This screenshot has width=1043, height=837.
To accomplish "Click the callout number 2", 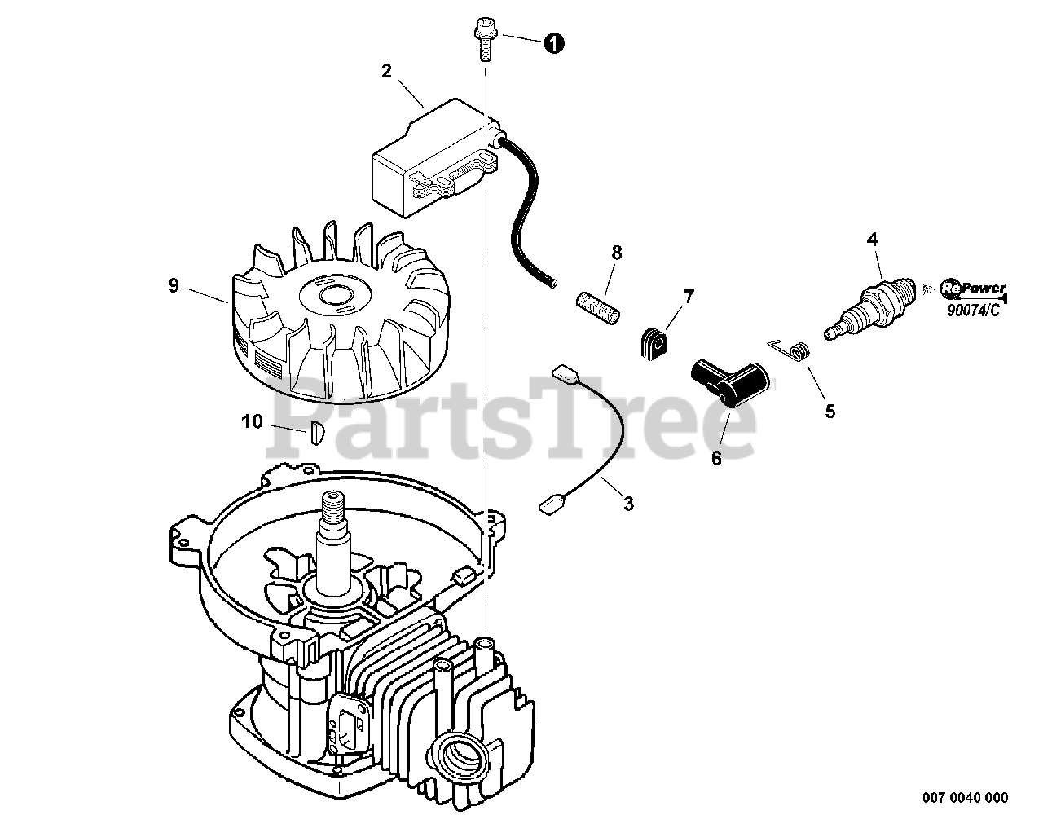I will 386,71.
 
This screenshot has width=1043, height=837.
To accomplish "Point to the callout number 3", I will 628,504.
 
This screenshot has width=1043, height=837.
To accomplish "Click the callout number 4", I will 873,239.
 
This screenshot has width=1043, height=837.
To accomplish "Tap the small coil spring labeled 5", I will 799,350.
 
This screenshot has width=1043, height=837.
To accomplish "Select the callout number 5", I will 830,412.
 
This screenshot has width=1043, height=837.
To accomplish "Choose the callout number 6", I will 716,458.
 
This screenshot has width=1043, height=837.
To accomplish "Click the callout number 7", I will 689,297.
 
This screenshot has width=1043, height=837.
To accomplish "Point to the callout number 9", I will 173,285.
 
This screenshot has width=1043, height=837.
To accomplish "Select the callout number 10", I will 253,421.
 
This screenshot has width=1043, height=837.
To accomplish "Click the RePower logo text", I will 974,288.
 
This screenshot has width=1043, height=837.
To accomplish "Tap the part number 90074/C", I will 975,309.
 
